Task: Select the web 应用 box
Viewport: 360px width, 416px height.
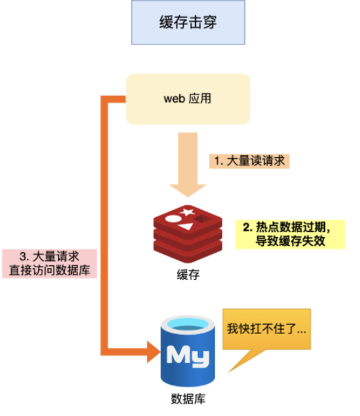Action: (x=188, y=99)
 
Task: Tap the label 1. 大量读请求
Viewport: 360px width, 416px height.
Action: (x=249, y=160)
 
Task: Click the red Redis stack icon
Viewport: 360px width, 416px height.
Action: (x=188, y=232)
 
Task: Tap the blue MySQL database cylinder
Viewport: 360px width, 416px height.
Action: (x=188, y=353)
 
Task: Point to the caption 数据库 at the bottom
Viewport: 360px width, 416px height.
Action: (x=187, y=398)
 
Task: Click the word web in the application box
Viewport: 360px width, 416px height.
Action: (x=174, y=99)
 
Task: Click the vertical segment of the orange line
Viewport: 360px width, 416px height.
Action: (x=104, y=225)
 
